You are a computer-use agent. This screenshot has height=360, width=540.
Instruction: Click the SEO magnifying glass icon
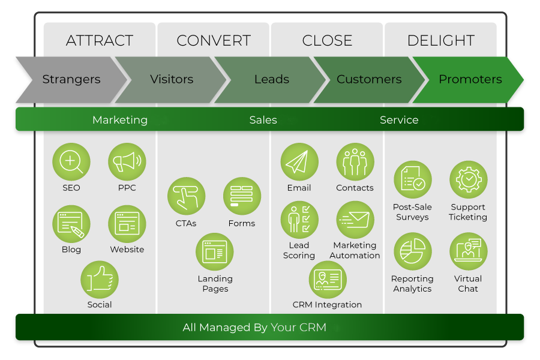coord(71,162)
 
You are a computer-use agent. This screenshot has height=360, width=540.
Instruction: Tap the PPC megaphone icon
coord(127,162)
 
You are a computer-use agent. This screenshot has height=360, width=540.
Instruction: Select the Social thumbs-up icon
coord(100,280)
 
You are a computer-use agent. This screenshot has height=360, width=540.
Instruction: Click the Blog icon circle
coord(71,223)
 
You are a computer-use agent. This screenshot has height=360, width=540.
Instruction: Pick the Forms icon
coord(242,196)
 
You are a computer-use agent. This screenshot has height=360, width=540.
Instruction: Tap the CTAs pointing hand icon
coord(187,196)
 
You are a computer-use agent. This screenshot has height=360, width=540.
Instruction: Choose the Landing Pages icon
coord(215,252)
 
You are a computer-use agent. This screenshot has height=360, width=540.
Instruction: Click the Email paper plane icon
coord(299,162)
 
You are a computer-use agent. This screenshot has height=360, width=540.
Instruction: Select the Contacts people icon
coord(355,162)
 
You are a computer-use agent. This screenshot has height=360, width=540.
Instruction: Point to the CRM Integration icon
coord(327,280)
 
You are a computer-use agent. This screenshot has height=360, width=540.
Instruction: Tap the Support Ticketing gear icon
coord(468,179)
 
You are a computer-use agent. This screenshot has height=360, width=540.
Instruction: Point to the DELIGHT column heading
coord(441,41)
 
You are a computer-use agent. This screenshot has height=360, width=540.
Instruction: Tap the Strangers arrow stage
coord(71,79)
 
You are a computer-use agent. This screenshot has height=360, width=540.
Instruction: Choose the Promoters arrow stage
coord(470,79)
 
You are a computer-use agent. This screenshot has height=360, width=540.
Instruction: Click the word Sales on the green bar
coord(263,120)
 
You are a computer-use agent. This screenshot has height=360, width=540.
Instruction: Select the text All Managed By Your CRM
coord(254,328)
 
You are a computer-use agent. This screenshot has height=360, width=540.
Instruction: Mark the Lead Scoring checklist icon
coord(299,220)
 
